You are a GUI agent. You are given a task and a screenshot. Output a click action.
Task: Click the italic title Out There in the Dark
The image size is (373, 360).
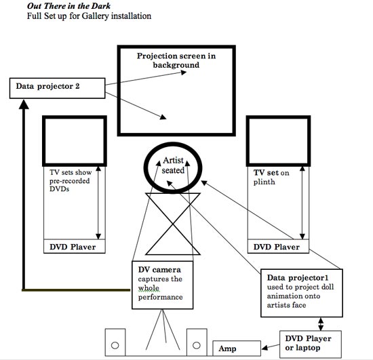click(68, 5)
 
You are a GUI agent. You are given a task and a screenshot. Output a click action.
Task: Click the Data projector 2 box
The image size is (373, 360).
click(58, 88)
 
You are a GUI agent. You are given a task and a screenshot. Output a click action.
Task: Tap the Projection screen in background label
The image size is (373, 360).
click(176, 60)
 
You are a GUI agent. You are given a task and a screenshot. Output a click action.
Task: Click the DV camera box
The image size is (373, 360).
click(163, 285)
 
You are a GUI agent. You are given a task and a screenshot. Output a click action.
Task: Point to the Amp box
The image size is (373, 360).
click(237, 348)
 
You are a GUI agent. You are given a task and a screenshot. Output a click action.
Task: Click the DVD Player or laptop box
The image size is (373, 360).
click(311, 344)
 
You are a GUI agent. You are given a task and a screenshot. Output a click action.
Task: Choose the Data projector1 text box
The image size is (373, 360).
click(302, 293)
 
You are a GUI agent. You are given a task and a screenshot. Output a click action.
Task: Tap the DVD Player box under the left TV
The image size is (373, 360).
click(75, 247)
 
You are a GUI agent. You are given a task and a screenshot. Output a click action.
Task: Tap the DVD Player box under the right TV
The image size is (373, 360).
click(278, 247)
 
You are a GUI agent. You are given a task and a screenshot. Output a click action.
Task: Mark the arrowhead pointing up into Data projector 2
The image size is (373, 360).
click(24, 104)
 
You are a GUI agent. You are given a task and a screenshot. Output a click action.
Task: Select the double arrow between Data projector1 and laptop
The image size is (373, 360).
click(321, 324)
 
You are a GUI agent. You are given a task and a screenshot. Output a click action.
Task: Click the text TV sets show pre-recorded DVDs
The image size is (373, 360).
click(71, 180)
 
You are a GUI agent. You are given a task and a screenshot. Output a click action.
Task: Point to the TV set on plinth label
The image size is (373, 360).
click(271, 177)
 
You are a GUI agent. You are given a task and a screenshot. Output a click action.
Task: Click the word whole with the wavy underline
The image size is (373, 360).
click(149, 288)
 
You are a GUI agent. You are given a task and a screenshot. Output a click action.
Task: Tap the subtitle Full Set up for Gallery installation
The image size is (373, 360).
click(89, 16)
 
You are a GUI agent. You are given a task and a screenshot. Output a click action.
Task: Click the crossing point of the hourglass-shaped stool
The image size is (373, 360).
click(173, 224)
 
